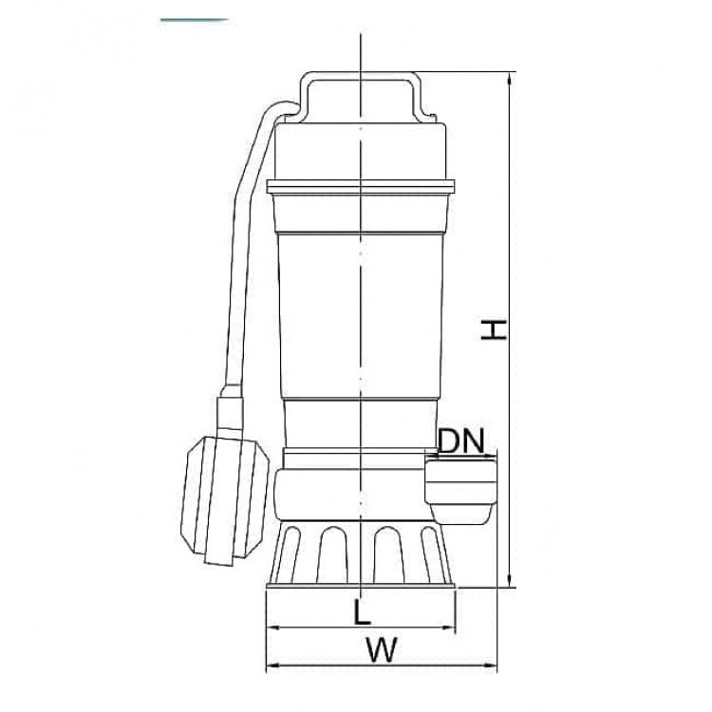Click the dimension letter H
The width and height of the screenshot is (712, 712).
pos(493,329)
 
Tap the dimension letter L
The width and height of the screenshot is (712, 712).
pos(362,611)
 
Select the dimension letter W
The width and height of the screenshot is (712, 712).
pos(382,649)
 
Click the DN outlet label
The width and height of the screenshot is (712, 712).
pos(461,441)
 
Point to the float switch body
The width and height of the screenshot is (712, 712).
pos(223,499)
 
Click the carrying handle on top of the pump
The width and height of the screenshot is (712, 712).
pos(361,96)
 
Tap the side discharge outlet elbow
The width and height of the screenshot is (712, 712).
pos(460,490)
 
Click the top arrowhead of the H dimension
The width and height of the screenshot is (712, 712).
pos(510,78)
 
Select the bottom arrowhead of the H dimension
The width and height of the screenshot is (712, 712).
pos(510,580)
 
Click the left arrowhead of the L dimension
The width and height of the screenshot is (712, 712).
pos(272,628)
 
